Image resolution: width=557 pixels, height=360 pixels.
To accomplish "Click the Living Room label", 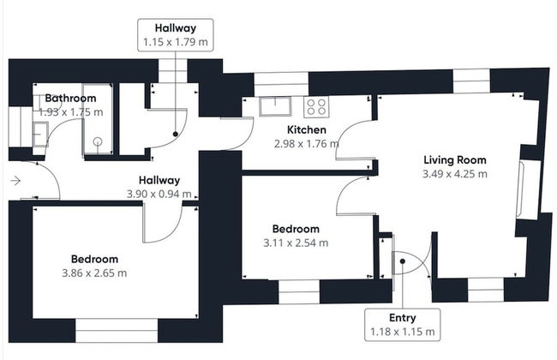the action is click(x=455, y=160).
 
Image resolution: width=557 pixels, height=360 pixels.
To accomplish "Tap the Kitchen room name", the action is click(x=307, y=129).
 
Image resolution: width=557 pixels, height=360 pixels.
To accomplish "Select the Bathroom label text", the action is click(x=70, y=98).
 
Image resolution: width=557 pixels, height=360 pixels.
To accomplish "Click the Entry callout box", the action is click(x=403, y=325).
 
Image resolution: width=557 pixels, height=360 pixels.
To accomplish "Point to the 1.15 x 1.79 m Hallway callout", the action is click(x=176, y=35).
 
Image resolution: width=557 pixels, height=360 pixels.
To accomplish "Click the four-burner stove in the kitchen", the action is click(x=316, y=107).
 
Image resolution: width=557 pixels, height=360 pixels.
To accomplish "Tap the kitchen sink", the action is click(x=275, y=106).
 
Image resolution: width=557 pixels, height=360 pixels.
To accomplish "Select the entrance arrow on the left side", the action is click(x=15, y=181).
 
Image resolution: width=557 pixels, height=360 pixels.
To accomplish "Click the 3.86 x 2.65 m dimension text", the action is click(x=94, y=273).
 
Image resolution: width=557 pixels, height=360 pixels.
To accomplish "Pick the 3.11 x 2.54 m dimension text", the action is click(x=296, y=243).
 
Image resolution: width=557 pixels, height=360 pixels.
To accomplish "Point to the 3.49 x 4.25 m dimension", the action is click(x=455, y=174).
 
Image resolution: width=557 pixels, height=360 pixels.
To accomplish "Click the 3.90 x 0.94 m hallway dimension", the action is click(x=159, y=195).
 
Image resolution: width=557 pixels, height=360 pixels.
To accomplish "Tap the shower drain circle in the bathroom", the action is click(x=98, y=141).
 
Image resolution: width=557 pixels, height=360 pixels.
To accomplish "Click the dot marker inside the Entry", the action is click(x=403, y=261).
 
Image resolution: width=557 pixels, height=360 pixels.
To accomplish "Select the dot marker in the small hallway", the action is click(x=175, y=134).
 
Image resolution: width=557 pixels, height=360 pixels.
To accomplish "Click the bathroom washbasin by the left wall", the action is click(x=40, y=134).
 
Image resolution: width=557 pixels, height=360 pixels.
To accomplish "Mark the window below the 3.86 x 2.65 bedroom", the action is click(x=117, y=331).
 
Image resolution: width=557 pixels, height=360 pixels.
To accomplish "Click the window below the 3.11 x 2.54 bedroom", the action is click(x=299, y=291).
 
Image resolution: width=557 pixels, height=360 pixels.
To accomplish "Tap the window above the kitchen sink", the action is click(x=281, y=84).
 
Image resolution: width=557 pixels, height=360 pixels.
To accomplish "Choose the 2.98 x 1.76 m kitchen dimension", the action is click(x=307, y=144).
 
